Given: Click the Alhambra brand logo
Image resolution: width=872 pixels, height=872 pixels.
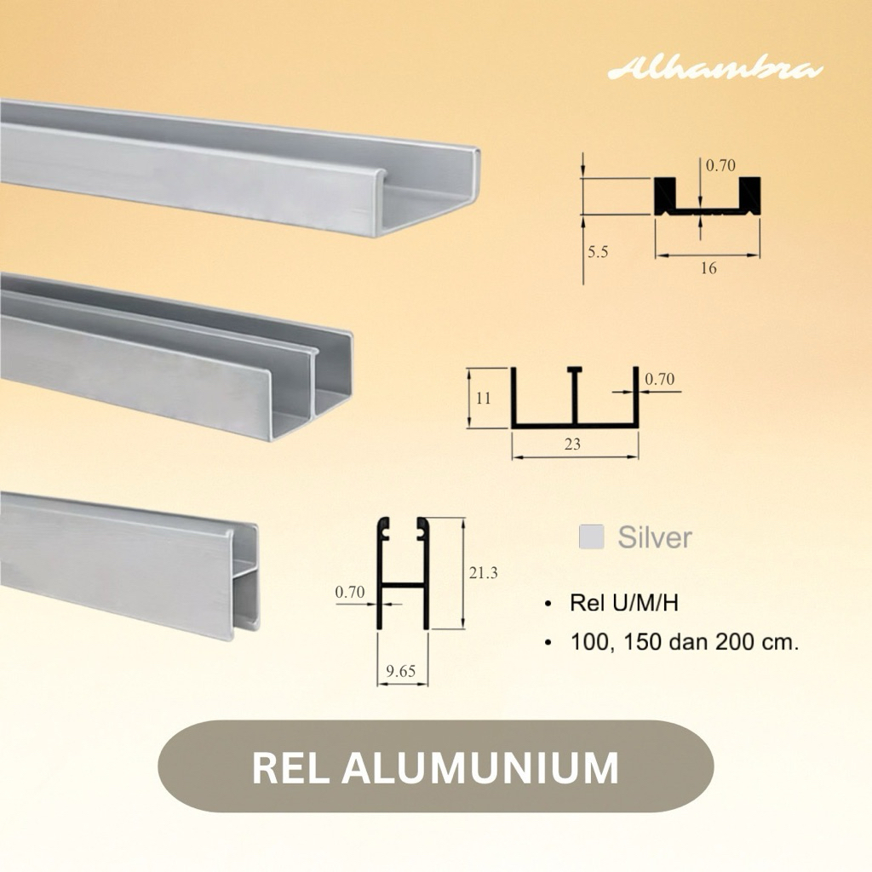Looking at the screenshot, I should pos(714,70).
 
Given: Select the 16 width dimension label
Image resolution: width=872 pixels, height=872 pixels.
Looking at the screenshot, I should pos(708,268).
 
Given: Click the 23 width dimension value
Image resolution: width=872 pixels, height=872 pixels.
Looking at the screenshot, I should pos(572,444).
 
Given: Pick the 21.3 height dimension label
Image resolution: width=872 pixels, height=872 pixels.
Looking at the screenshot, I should pos(483,573).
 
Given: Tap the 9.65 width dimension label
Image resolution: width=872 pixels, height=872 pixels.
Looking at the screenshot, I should pos(400,671).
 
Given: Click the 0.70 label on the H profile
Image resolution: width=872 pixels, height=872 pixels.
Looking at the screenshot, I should pos(350,590).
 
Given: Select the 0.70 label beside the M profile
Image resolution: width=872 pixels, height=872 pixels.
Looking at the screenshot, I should pos(659,380).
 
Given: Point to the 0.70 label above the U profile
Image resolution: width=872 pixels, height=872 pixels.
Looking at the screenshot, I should pos(720,166).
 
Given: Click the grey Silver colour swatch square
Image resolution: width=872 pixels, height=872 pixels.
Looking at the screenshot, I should pos(591,536).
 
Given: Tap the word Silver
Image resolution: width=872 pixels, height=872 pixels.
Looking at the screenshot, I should pos(654,537).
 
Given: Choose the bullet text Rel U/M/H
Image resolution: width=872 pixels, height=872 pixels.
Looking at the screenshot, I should pos(623,604).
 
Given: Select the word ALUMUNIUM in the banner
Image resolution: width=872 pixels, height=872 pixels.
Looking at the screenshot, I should pos(480,767).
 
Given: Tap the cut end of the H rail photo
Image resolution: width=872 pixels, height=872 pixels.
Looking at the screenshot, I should pos(244,579).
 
